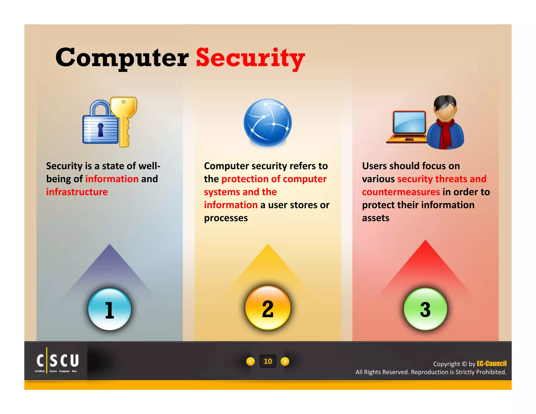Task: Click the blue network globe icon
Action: (x=267, y=122)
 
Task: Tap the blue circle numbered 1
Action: (x=109, y=309)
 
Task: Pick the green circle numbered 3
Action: (x=425, y=309)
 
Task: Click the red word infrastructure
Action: (x=77, y=192)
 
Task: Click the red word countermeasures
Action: (x=401, y=192)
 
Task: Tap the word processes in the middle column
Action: (x=226, y=218)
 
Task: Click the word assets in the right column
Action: (x=376, y=218)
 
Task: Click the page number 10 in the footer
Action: (x=268, y=361)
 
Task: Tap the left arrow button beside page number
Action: (x=250, y=361)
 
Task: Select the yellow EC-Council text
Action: (x=491, y=363)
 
